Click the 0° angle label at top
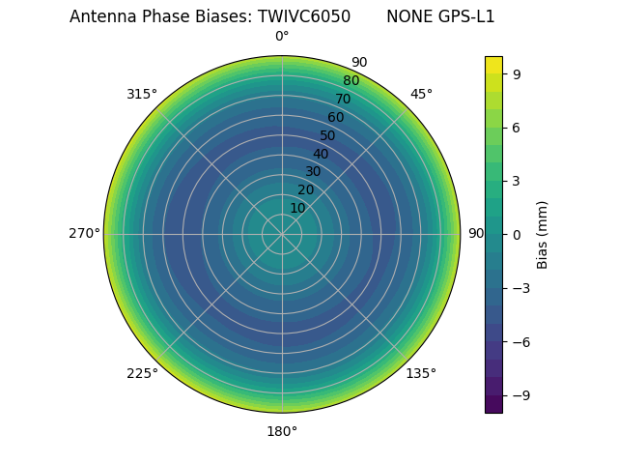click(282, 37)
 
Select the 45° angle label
click(421, 94)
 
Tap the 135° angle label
click(421, 373)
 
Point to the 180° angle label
click(282, 431)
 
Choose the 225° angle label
click(142, 373)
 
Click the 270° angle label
click(84, 234)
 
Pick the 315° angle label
click(142, 94)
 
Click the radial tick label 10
click(297, 208)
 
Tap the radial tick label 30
click(313, 172)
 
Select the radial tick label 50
click(328, 135)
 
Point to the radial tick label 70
click(343, 99)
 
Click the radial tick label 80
click(351, 81)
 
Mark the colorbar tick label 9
click(518, 73)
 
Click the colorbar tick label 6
click(518, 127)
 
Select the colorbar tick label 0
click(518, 234)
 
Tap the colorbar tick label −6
click(520, 341)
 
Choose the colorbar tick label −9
click(520, 394)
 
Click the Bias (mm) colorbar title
click(543, 234)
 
